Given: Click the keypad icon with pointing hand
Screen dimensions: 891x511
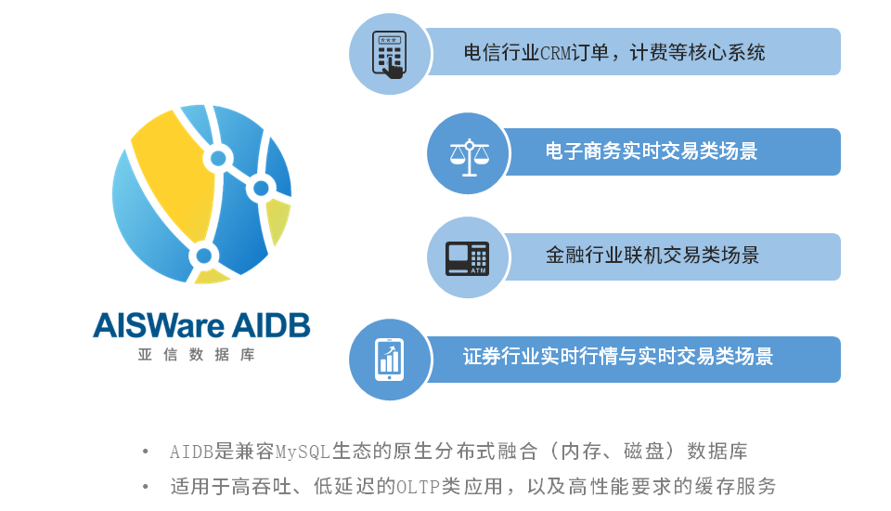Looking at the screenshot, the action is pos(389,55).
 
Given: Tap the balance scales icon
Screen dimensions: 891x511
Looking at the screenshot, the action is pos(469,157).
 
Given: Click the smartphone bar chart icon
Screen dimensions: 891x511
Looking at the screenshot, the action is pos(390,360).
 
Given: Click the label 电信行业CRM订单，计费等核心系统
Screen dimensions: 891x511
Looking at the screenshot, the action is pos(614,52).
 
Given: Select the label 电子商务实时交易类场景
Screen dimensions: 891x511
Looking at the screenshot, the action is pos(652,151).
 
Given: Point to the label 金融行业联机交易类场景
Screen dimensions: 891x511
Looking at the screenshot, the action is pos(652,255).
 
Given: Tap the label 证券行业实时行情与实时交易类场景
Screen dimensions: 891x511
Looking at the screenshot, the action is pos(618,356).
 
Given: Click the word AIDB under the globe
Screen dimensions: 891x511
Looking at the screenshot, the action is pos(271,325).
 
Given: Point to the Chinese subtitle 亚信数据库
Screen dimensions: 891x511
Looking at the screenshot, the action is pos(196,355).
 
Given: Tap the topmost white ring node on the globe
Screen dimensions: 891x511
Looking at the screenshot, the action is pos(218,158).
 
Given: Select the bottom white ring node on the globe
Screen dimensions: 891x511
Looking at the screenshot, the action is pos(203,256).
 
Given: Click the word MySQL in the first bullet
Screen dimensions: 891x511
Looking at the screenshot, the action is pos(303,452).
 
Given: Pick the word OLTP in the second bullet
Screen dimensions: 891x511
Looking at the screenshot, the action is pos(418,487).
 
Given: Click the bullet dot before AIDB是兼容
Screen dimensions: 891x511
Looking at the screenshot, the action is pos(146,452).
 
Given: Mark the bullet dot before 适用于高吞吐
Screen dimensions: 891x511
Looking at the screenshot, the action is pos(146,487).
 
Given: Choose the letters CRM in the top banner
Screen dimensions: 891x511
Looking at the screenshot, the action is pos(555,53).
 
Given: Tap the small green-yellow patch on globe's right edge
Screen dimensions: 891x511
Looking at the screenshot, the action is pos(278,219).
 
